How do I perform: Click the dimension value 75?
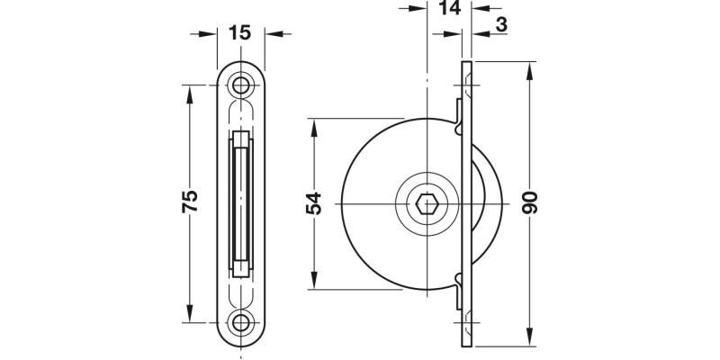190,202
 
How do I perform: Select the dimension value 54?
313,205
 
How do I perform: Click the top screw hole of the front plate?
240,85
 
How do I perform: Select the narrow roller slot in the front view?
240,204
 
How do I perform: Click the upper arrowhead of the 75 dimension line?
190,92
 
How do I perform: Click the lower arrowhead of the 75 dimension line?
190,317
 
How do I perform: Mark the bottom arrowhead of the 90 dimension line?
531,343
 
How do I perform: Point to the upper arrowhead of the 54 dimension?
313,125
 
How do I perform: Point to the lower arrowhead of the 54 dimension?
313,285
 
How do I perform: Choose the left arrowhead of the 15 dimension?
211,34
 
